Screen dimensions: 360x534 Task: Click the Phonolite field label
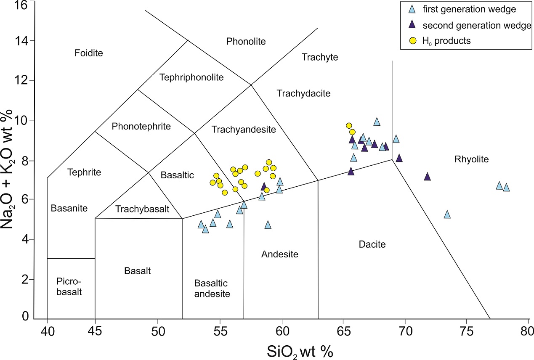pyautogui.click(x=246, y=41)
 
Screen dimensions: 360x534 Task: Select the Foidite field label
pyautogui.click(x=88, y=53)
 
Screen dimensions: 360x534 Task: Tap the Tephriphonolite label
pyautogui.click(x=191, y=77)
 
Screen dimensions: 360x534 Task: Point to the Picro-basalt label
pyautogui.click(x=70, y=286)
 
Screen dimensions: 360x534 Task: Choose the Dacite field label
pyautogui.click(x=372, y=244)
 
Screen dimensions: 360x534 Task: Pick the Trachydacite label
pyautogui.click(x=303, y=93)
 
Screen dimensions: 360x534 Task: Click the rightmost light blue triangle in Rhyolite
pyautogui.click(x=506, y=187)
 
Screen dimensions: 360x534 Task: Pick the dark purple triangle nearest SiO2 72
pyautogui.click(x=427, y=177)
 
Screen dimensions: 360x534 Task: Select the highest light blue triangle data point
pyautogui.click(x=377, y=122)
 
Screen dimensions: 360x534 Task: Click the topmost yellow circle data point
pyautogui.click(x=348, y=125)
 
